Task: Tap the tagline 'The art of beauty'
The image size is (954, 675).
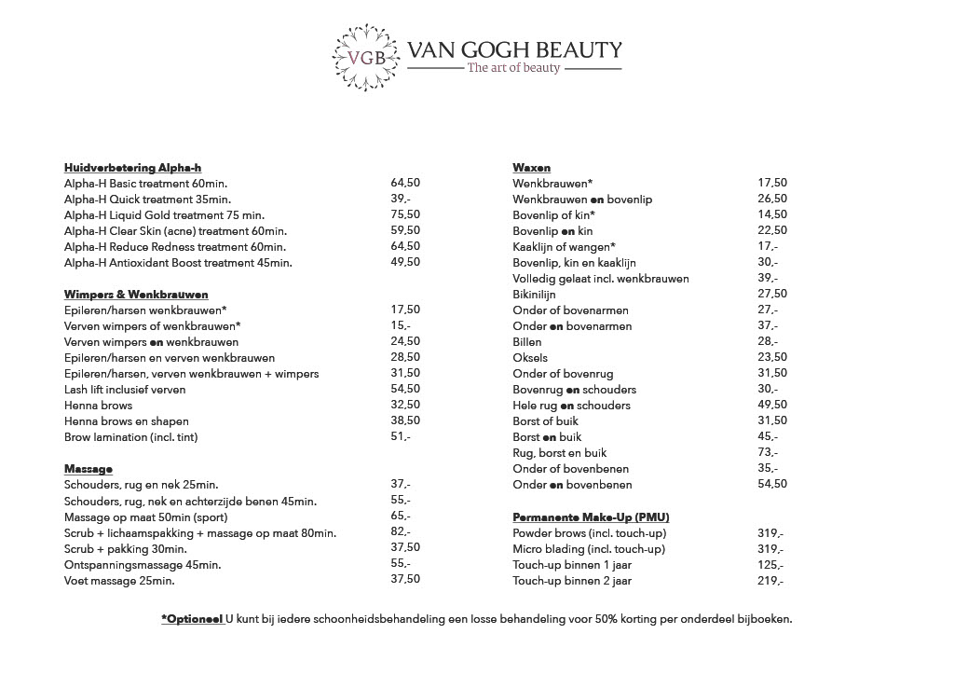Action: point(513,67)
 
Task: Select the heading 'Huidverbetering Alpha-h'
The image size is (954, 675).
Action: point(133,167)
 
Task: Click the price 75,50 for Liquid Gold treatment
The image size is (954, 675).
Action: point(405,214)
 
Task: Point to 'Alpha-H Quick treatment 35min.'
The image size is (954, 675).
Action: point(147,199)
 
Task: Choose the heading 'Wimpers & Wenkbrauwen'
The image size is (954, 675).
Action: point(136,294)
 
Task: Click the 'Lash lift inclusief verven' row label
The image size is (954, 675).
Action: point(125,389)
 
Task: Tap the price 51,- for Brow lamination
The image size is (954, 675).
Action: point(401,436)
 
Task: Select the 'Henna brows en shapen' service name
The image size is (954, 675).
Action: point(126,420)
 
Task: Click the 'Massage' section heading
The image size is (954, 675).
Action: point(89,468)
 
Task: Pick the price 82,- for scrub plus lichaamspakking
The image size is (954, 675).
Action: point(401,532)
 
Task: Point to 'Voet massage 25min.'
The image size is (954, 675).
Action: point(119,580)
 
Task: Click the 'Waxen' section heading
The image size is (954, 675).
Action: point(532,167)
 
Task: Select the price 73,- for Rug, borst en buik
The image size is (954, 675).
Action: point(769,452)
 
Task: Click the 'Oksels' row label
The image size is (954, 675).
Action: point(530,357)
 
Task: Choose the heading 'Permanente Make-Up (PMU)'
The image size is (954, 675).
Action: point(591,517)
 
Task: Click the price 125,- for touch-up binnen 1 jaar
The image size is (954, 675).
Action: point(771,564)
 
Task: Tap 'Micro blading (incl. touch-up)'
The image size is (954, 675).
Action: point(589,548)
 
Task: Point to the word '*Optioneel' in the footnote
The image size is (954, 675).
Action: point(192,618)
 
